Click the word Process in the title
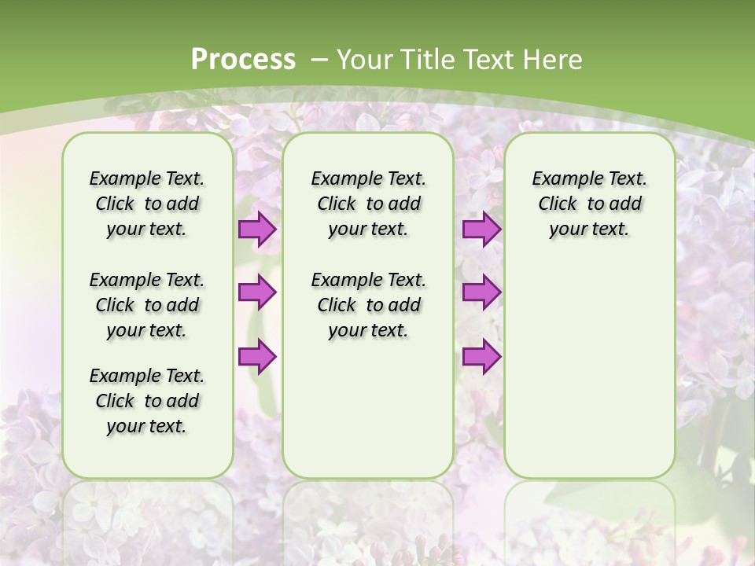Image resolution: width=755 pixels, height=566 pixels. click(243, 60)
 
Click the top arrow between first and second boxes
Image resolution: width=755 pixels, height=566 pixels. click(257, 230)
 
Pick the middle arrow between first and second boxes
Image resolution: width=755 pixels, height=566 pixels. click(257, 292)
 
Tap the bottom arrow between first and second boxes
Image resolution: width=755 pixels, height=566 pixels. click(257, 356)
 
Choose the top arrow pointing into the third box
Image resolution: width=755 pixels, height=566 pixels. click(481, 230)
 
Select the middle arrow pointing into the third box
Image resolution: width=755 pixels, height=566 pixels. click(481, 292)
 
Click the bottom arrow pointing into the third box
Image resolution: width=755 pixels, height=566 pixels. click(481, 356)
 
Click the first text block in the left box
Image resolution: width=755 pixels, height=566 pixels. click(147, 204)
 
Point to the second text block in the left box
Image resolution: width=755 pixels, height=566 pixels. click(147, 305)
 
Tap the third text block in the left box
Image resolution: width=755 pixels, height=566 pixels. click(147, 401)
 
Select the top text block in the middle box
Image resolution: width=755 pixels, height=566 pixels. click(368, 204)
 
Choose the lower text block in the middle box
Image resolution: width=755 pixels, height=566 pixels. click(368, 305)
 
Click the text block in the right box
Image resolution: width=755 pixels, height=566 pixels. click(589, 204)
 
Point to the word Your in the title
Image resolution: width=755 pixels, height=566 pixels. click(365, 60)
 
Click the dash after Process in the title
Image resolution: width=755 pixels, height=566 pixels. click(319, 60)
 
